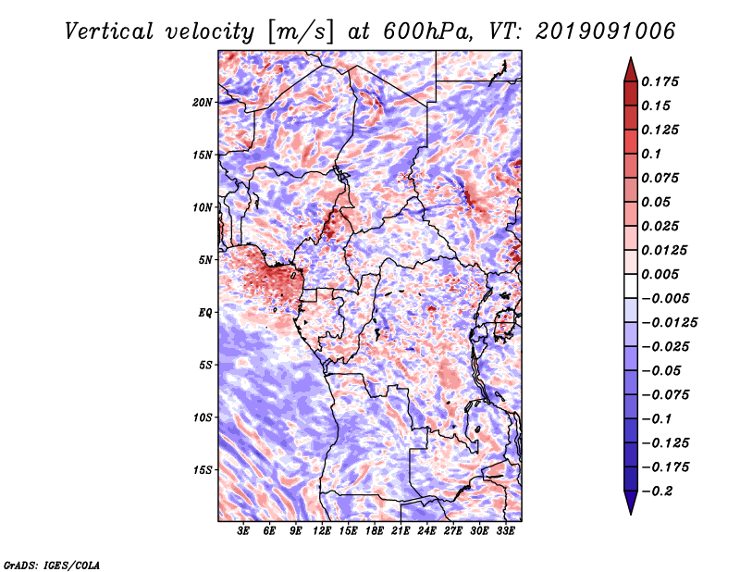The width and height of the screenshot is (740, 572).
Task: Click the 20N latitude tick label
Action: [x=203, y=103]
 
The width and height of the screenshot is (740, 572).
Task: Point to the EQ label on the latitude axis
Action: [x=205, y=313]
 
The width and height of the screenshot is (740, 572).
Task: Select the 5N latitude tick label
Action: [x=205, y=260]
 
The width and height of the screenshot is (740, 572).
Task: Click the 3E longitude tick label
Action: [x=243, y=531]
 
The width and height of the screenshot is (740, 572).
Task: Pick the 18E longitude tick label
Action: [x=375, y=531]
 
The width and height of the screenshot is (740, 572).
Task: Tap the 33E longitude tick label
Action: [x=505, y=531]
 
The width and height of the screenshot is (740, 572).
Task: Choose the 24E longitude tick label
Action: [x=426, y=531]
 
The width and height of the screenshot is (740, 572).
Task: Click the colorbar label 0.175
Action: [x=660, y=81]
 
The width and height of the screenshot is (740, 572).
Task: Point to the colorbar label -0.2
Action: [x=657, y=491]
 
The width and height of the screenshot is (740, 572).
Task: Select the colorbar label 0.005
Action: [x=660, y=274]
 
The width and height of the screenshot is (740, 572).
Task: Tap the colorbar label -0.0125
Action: [x=669, y=323]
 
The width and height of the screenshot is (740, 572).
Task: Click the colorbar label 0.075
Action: [x=660, y=178]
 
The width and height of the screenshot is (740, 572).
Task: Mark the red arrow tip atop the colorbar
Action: [x=631, y=57]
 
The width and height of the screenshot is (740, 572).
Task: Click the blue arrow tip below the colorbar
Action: [x=631, y=514]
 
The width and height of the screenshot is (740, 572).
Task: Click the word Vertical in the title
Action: [x=109, y=31]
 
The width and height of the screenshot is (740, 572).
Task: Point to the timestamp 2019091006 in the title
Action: [x=606, y=31]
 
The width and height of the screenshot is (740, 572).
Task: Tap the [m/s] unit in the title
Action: [x=301, y=32]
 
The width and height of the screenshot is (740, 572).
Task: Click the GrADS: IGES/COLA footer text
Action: [x=52, y=565]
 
